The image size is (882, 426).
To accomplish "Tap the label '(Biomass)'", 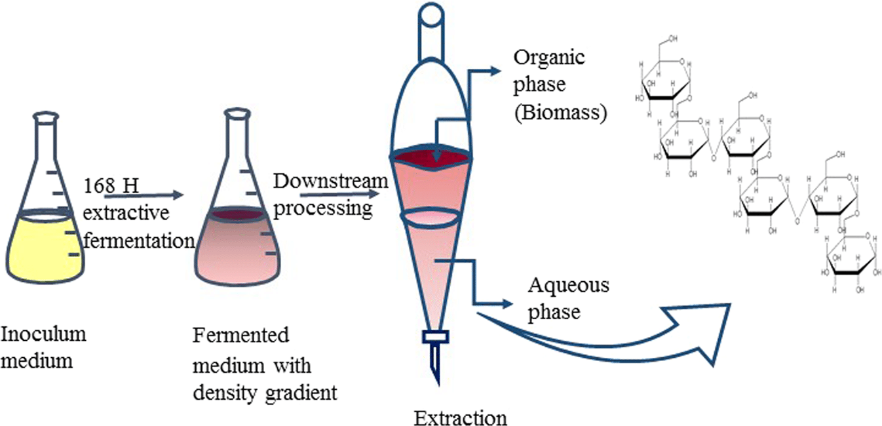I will click(x=561, y=114).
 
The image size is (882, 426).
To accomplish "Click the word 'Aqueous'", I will click(x=568, y=286).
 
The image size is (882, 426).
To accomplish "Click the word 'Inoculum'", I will click(x=44, y=334).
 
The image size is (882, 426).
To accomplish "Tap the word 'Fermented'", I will click(x=240, y=336).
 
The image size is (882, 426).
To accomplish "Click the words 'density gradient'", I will click(x=265, y=393).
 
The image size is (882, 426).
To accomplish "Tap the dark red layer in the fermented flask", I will click(x=238, y=214).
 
